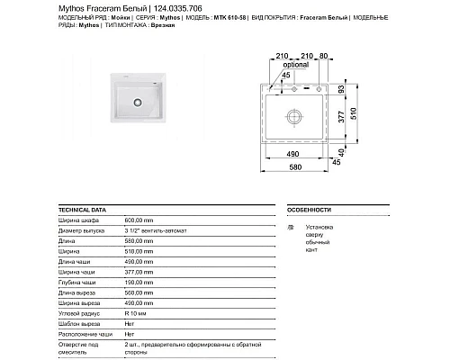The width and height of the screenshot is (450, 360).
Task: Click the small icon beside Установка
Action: click(x=290, y=228)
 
